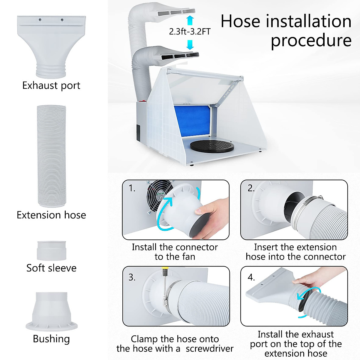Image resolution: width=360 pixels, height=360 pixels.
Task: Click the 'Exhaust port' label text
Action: (51, 85)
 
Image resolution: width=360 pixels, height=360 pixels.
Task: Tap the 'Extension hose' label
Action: (51, 215)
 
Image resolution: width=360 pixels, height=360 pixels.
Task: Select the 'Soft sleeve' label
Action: (51, 268)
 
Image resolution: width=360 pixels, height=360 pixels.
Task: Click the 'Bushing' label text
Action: (51, 339)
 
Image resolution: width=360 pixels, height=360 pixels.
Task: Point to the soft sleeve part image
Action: (51, 250)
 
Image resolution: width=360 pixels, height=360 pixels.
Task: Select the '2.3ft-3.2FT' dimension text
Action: (190, 31)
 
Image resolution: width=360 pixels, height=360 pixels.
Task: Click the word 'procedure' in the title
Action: (311, 40)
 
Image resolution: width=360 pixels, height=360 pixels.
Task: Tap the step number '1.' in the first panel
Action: (132, 188)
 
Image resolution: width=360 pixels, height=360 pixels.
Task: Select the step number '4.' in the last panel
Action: (251, 277)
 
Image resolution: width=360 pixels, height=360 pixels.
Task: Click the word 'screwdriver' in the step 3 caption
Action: (209, 349)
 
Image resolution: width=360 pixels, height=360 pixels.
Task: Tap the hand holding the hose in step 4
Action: (312, 280)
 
